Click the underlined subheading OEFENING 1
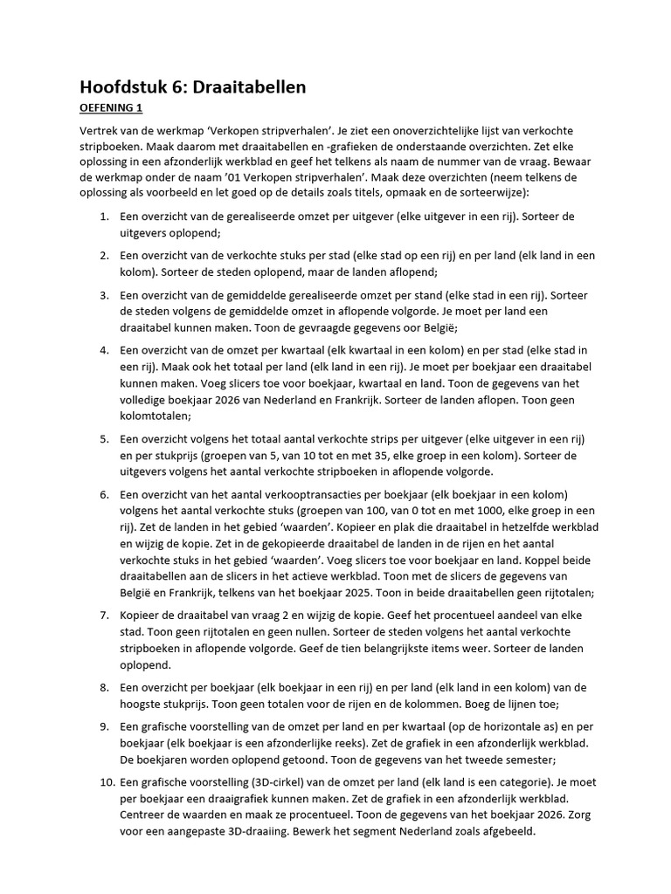pyautogui.click(x=111, y=108)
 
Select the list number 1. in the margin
pyautogui.click(x=104, y=217)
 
